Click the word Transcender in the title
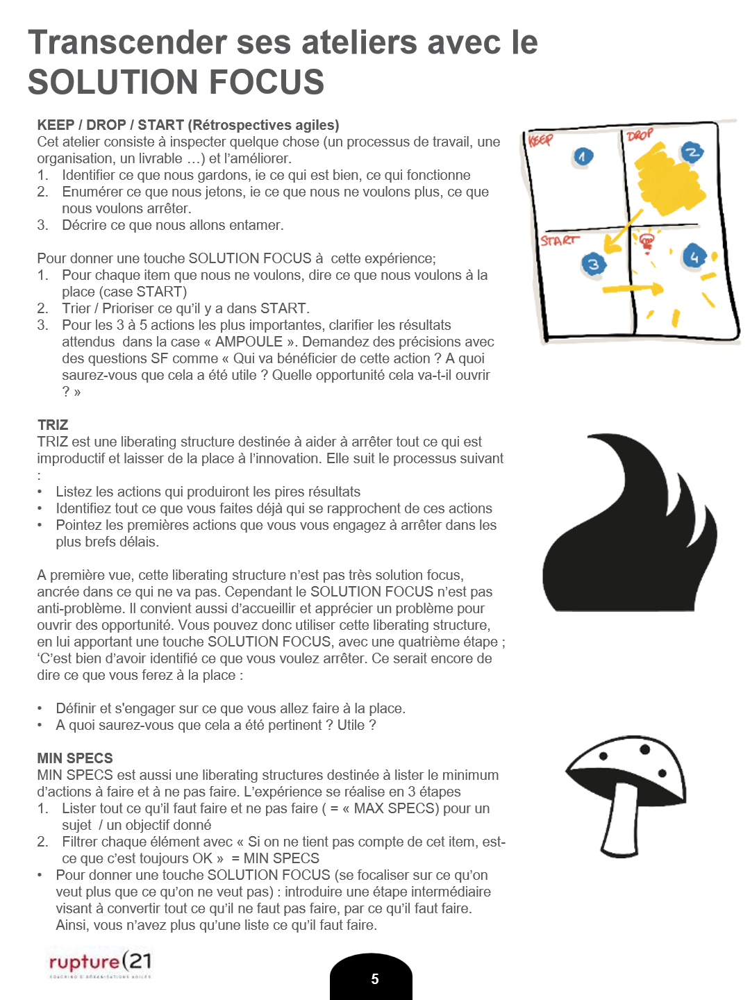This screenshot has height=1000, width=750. (x=126, y=43)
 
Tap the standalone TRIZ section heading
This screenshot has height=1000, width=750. (x=53, y=425)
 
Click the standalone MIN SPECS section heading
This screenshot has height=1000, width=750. (x=75, y=758)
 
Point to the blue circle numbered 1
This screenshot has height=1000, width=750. (x=583, y=157)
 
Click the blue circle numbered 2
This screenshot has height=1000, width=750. (x=691, y=153)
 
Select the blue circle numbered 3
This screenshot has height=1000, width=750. (x=593, y=265)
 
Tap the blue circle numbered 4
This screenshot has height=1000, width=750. (x=694, y=257)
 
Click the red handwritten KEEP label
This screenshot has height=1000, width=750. (x=540, y=140)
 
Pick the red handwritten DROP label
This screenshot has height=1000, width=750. (x=639, y=135)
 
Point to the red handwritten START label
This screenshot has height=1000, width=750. (x=559, y=240)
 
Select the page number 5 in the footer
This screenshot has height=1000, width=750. (x=374, y=979)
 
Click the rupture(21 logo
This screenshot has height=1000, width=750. (x=99, y=962)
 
